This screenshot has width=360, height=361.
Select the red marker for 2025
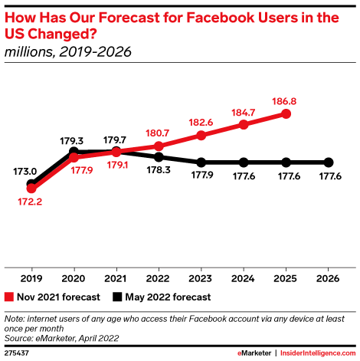tap(286, 113)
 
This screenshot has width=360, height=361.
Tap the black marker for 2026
tap(329, 162)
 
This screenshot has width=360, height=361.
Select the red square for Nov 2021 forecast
tap(9, 295)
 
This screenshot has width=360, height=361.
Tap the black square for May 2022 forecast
tap(117, 295)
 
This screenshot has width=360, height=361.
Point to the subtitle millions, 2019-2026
tap(67, 52)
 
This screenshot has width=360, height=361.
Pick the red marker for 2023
tap(201, 136)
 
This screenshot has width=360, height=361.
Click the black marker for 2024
tap(244, 162)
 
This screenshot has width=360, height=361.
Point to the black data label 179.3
tap(74, 140)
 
